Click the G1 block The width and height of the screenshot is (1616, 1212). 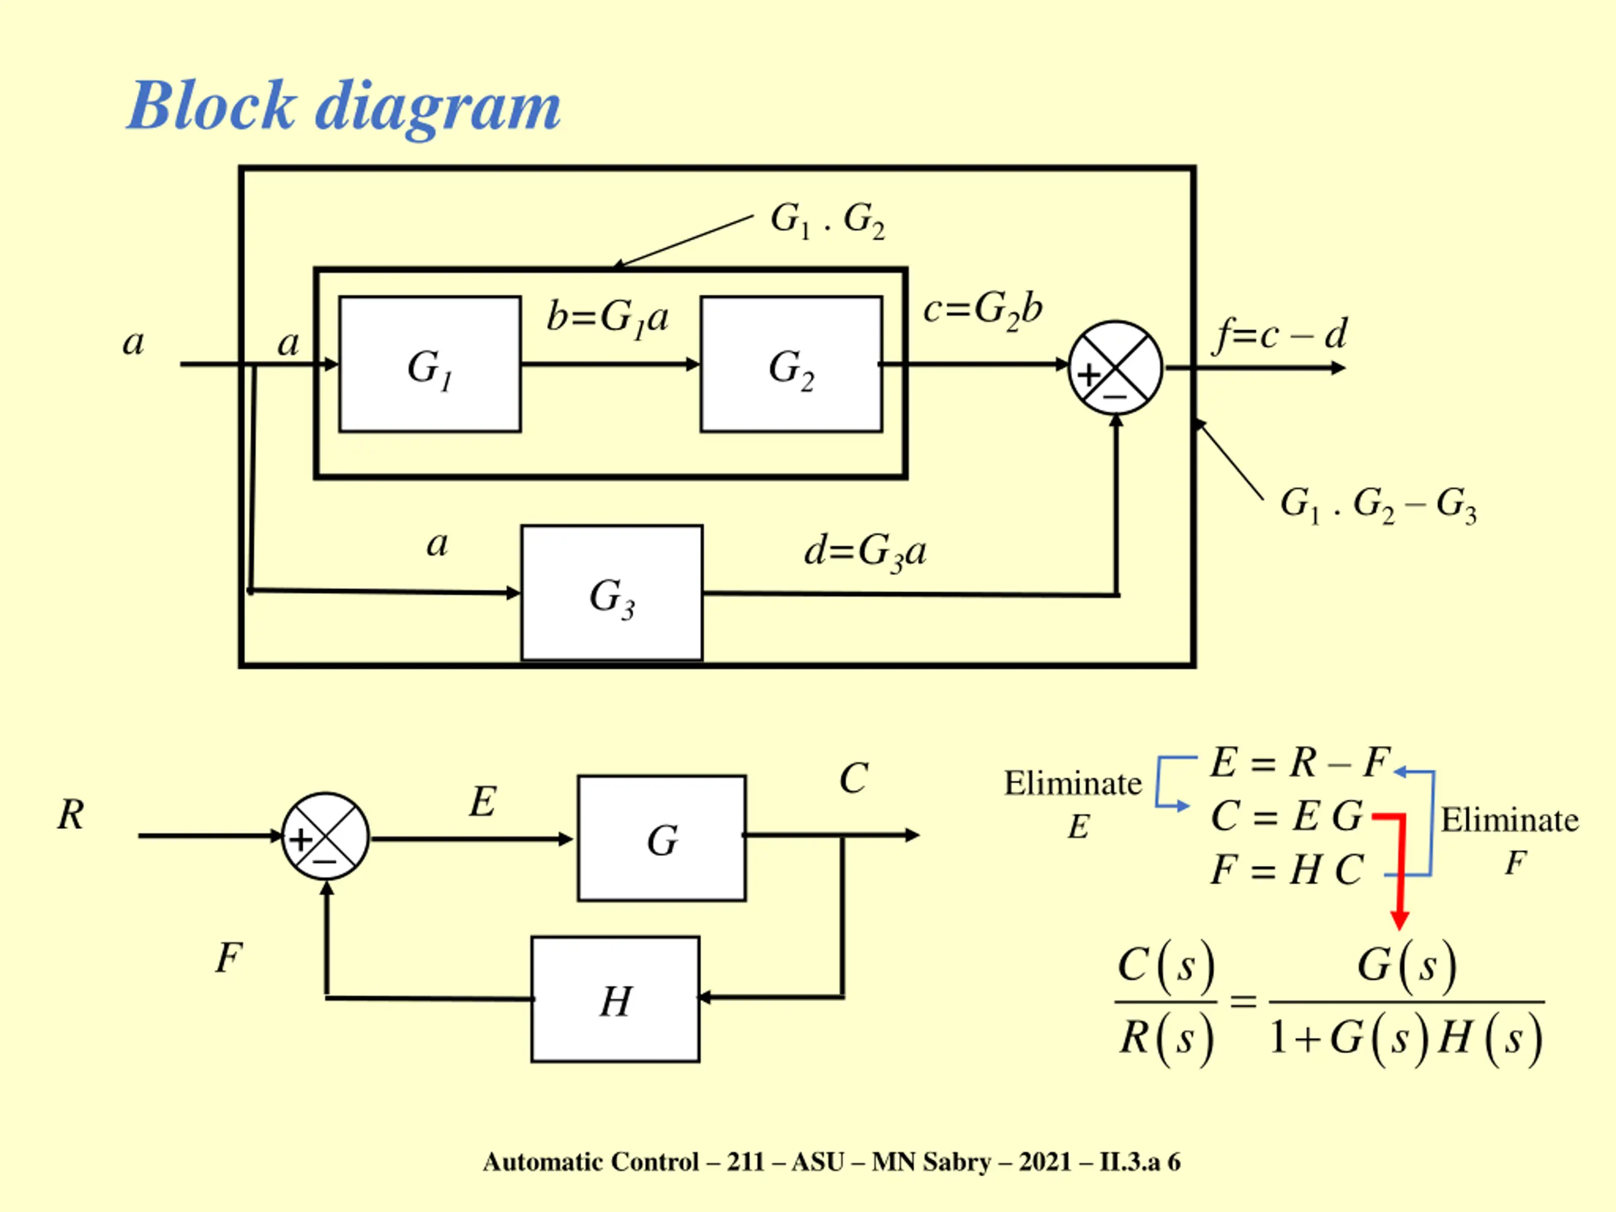(x=430, y=364)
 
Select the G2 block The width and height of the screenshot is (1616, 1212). (x=791, y=364)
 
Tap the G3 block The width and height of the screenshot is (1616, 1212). (x=612, y=593)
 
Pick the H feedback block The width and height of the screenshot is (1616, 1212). (x=615, y=999)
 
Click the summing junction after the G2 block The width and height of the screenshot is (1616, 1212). (x=1115, y=367)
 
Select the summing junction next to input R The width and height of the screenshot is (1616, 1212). (x=326, y=836)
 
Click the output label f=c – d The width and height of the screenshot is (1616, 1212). (x=1279, y=335)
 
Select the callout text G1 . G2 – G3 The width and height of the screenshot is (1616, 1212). (x=1379, y=505)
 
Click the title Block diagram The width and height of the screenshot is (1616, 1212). (x=344, y=107)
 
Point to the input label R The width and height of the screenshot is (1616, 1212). (x=71, y=814)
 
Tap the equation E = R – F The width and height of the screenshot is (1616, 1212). (x=1301, y=763)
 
